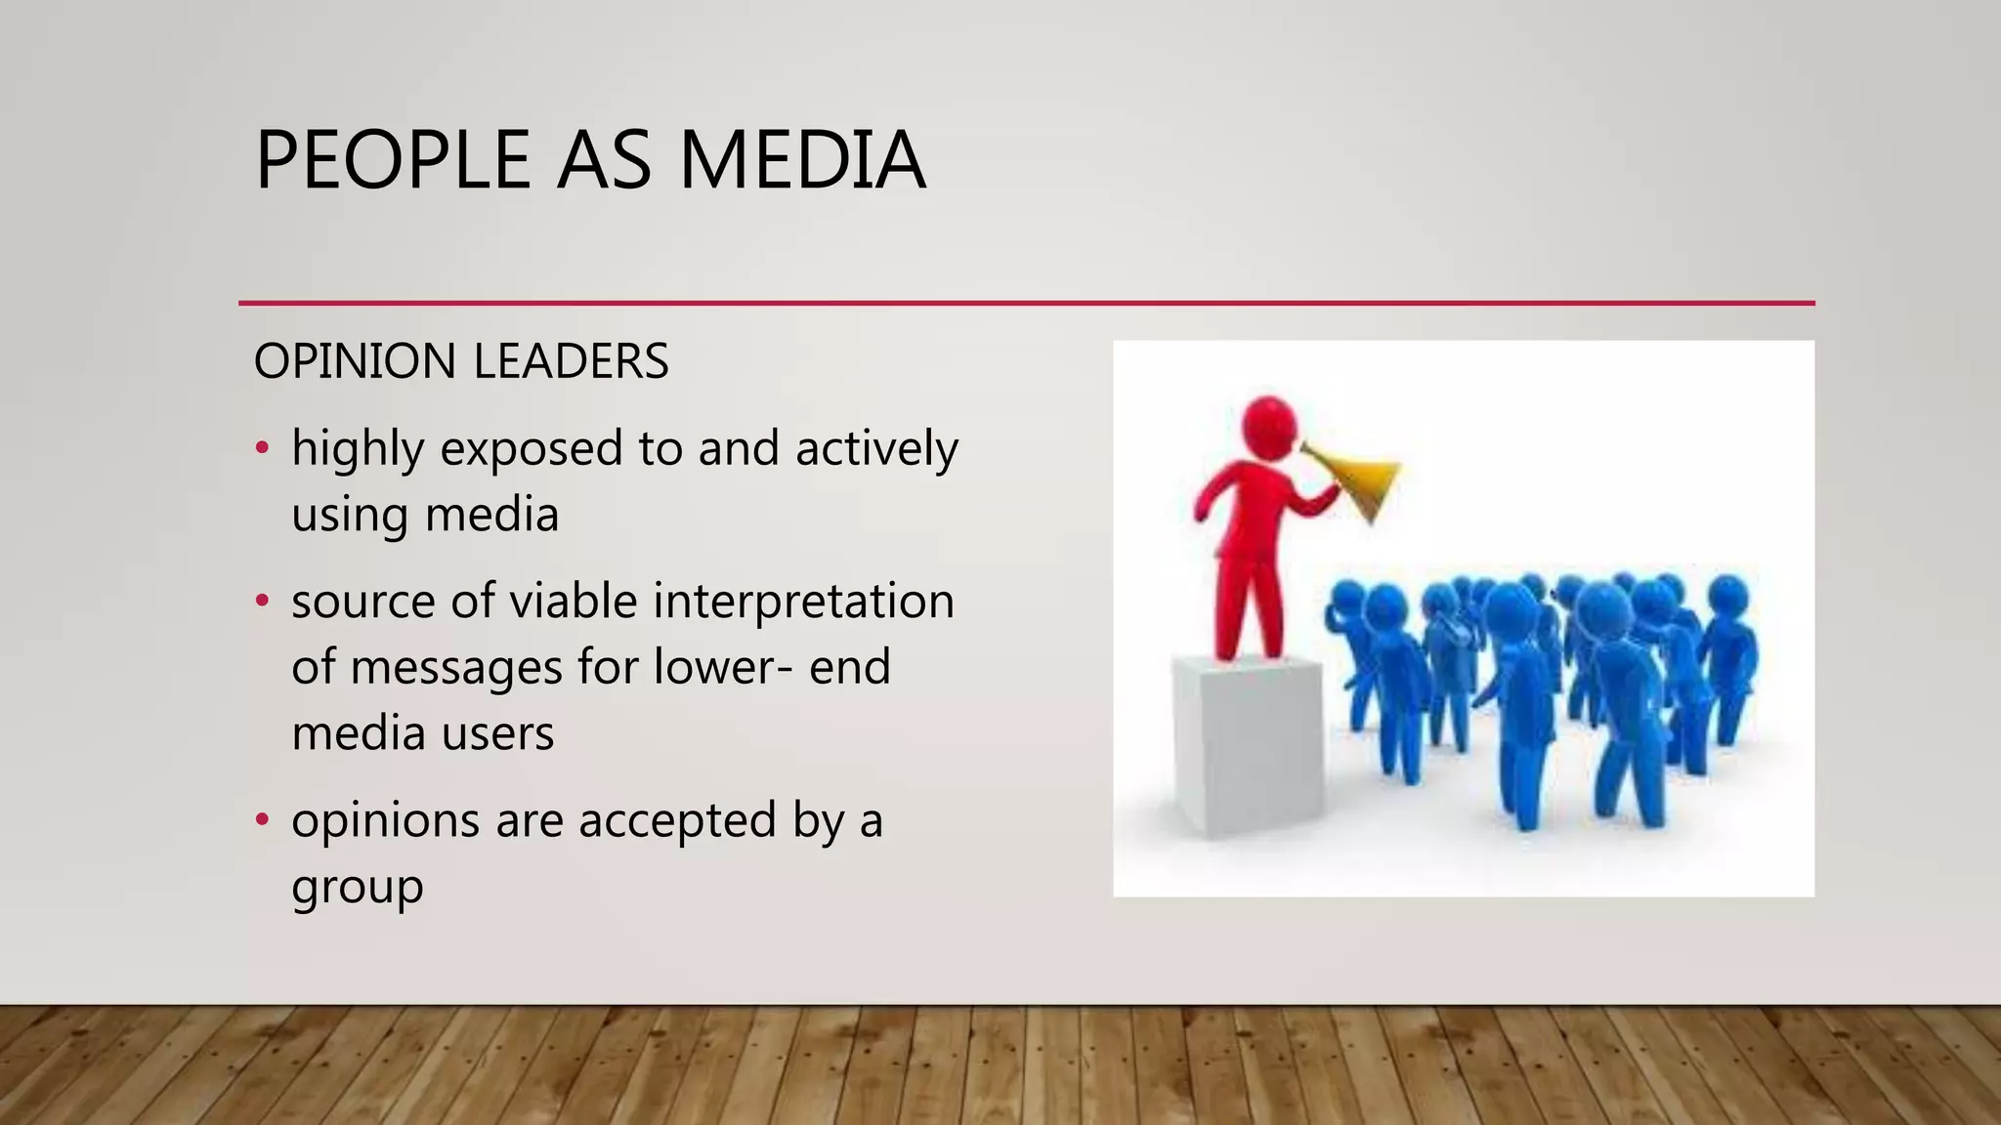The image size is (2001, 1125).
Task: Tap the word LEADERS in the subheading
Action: tap(572, 361)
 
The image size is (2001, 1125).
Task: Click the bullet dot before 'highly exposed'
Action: tap(261, 449)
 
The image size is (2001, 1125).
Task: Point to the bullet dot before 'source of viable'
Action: tap(261, 602)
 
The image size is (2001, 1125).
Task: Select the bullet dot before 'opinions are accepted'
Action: tap(261, 820)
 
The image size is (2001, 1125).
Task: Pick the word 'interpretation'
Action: tap(803, 602)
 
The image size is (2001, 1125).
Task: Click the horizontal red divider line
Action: tap(1026, 304)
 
